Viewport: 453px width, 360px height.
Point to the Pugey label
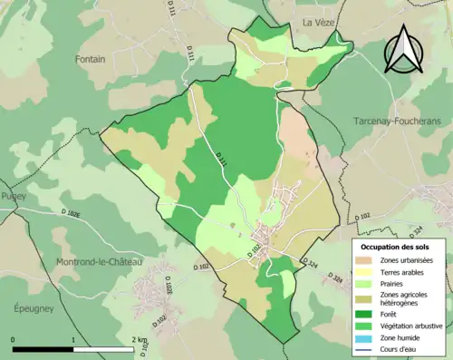click(x=14, y=196)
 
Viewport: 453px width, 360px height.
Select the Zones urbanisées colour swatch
click(x=365, y=261)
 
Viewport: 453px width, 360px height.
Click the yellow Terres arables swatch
click(x=365, y=273)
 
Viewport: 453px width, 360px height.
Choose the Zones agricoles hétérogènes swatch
click(x=365, y=298)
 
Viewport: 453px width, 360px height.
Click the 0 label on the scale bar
click(x=13, y=339)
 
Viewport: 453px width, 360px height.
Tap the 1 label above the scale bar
click(x=73, y=339)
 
